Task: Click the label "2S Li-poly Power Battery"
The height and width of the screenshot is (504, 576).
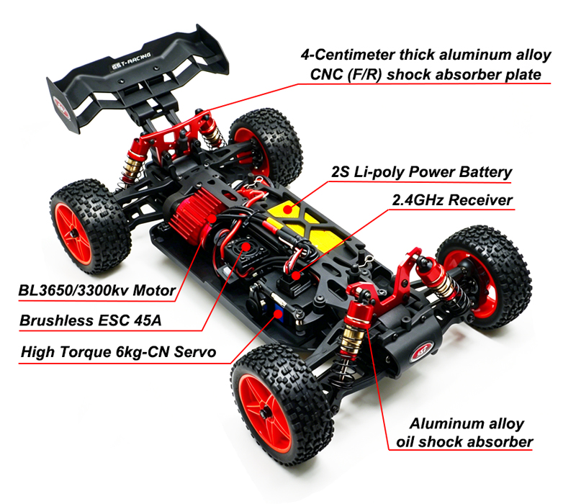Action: [x=421, y=172]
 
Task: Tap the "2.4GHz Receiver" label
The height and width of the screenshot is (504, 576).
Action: [x=452, y=200]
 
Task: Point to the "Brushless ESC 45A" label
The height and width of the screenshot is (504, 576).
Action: [x=89, y=321]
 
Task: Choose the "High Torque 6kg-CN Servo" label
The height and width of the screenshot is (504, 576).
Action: [x=118, y=352]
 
